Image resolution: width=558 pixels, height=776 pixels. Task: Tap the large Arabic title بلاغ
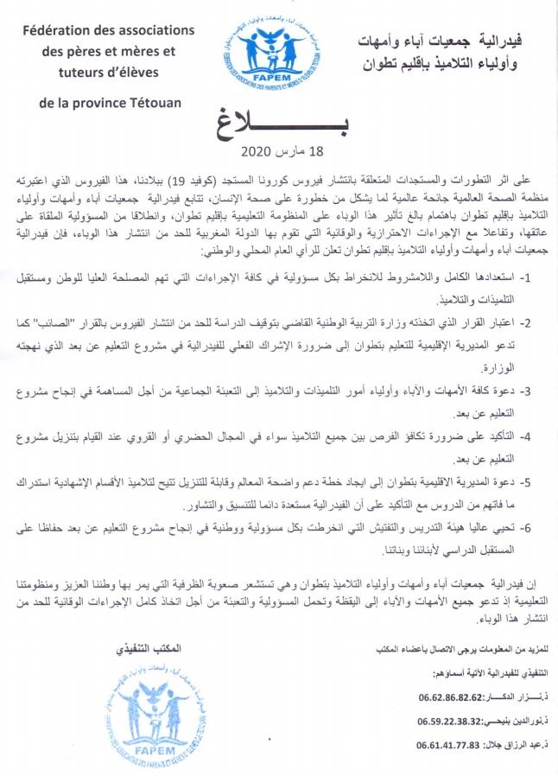(279, 124)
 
